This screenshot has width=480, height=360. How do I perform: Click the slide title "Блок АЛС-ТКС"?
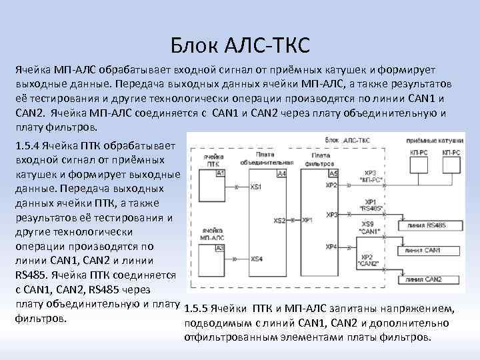point(240,47)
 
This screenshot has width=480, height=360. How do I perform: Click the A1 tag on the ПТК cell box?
point(221,173)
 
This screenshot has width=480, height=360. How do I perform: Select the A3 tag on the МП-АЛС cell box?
point(221,248)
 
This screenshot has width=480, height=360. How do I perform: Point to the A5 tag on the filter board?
point(333,173)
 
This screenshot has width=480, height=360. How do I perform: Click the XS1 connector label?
point(256,188)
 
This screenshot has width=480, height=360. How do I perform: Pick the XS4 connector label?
point(256,259)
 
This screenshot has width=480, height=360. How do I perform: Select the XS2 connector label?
point(280,220)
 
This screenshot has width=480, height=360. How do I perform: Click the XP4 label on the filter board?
point(331,247)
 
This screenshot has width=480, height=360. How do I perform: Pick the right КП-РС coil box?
point(451,153)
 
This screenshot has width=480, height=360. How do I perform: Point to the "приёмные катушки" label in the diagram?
point(436,141)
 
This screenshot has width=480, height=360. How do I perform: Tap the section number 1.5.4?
point(27,145)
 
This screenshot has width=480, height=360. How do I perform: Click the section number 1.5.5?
point(194,309)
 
